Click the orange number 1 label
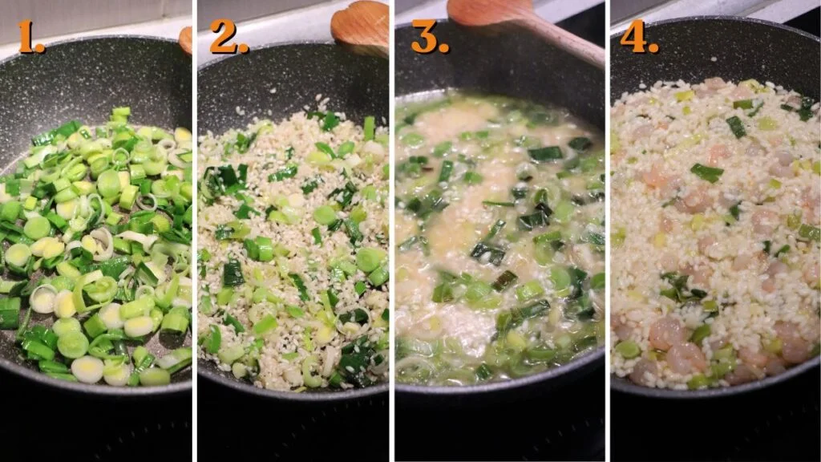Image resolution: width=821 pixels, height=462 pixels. tap(31, 37)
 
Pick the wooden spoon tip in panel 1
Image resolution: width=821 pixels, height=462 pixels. tap(186, 39)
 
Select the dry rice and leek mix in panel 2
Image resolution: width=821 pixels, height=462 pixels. tap(293, 257)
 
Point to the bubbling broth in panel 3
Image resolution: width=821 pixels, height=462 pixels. tap(497, 241)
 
